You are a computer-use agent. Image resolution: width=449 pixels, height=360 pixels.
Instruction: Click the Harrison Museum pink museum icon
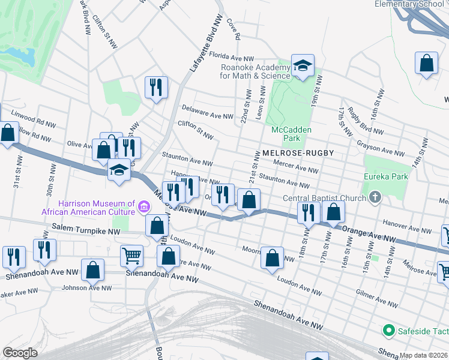pos(143,207)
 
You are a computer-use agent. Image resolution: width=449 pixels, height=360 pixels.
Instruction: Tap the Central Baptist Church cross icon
pos(375,197)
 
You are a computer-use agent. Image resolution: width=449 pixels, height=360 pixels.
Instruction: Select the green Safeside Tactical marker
pos(388,331)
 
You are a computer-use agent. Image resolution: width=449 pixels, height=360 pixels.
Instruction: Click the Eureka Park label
pos(385,176)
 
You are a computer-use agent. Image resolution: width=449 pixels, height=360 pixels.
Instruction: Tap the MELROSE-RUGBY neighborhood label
pos(297,154)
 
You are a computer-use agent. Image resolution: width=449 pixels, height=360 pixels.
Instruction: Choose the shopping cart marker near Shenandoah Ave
pos(131,255)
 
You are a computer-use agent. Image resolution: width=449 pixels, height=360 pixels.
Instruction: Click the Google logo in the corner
pos(20,353)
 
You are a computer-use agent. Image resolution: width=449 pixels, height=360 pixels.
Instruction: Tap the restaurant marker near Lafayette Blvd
pos(156,87)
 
